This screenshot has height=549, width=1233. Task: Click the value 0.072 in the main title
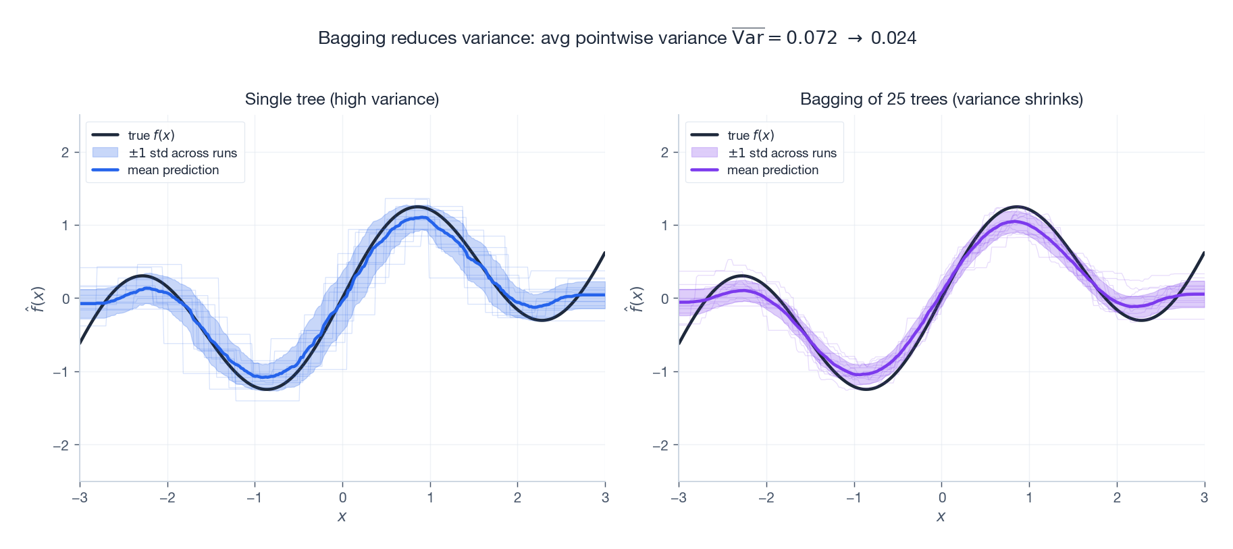[811, 38]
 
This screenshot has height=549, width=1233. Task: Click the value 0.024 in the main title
[893, 38]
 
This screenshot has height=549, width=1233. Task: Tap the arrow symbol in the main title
[854, 38]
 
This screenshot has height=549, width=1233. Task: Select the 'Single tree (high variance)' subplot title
[342, 99]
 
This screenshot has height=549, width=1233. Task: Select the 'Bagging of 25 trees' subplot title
[941, 99]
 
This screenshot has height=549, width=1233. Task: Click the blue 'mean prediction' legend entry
[173, 170]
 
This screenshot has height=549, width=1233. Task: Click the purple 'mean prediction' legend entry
[772, 170]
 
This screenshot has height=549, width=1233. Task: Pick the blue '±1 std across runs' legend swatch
[105, 153]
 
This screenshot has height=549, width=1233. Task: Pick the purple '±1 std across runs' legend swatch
[704, 153]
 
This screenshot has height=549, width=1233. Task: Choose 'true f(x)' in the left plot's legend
[151, 135]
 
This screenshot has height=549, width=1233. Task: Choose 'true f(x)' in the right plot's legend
[750, 135]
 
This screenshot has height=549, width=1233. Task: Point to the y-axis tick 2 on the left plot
[65, 152]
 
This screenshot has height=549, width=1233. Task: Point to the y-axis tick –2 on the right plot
[660, 445]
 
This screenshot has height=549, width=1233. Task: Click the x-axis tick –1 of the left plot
[254, 498]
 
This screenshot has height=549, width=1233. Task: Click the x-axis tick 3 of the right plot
[1204, 498]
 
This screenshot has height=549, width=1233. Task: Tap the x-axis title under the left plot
[342, 517]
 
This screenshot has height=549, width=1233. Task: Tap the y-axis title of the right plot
[637, 298]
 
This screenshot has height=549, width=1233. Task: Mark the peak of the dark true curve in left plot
[418, 207]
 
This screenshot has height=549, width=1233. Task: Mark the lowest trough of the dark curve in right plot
[866, 389]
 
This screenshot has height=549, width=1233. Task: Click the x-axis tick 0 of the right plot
[942, 498]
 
